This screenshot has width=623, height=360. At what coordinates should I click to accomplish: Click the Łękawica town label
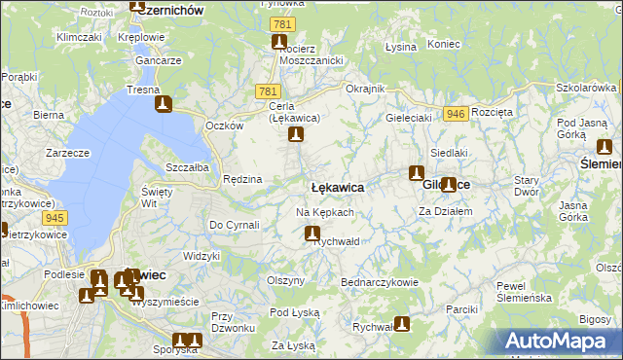coord(338,187)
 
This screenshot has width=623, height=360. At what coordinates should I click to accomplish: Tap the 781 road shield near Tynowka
coord(282,24)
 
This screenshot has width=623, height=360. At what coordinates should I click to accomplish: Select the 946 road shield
coord(455,114)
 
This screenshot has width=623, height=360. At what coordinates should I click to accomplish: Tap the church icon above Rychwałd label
coord(312,234)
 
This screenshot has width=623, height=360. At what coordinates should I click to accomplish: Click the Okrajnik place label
coord(366,89)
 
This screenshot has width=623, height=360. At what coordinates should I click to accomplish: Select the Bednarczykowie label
coord(380,282)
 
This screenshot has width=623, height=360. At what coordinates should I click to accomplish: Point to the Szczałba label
coord(187,167)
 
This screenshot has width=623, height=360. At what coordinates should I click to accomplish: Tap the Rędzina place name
coord(242,179)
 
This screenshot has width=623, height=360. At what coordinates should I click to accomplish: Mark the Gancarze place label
coord(160,60)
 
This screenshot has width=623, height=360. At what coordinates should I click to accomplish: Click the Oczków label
coord(224,126)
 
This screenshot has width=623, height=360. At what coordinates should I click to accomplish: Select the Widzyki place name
coord(202,256)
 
